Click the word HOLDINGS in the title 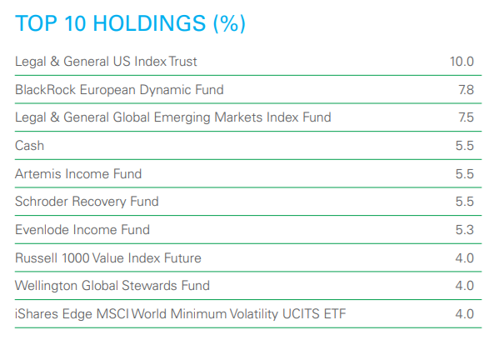pyautogui.click(x=149, y=23)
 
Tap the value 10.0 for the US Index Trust pyautogui.click(x=462, y=62)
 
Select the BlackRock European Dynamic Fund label pyautogui.click(x=119, y=90)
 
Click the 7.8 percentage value pyautogui.click(x=466, y=90)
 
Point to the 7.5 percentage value pyautogui.click(x=466, y=117)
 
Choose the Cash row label pyautogui.click(x=29, y=146)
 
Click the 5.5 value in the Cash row pyautogui.click(x=465, y=146)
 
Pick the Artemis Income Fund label pyautogui.click(x=78, y=174)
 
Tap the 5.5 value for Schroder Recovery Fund pyautogui.click(x=465, y=202)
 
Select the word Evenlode pyautogui.click(x=42, y=230)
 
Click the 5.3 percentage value pyautogui.click(x=465, y=230)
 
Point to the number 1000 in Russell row pyautogui.click(x=75, y=258)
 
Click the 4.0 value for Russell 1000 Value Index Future pyautogui.click(x=465, y=258)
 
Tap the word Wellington pyautogui.click(x=46, y=286)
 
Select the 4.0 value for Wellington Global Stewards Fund pyautogui.click(x=465, y=286)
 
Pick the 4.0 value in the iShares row pyautogui.click(x=465, y=314)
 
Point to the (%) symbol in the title pyautogui.click(x=229, y=24)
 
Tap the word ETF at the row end pyautogui.click(x=335, y=314)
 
